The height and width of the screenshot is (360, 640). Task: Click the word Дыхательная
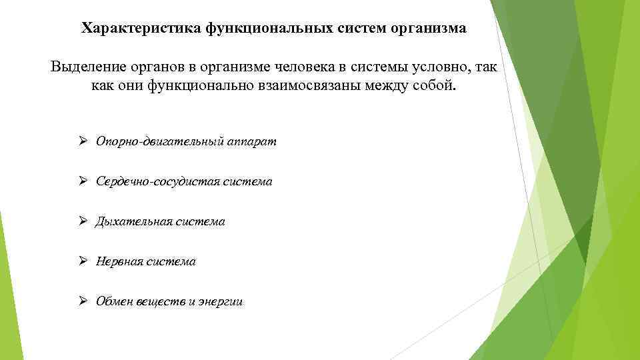click(134, 221)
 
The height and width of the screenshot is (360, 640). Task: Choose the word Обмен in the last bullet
click(115, 301)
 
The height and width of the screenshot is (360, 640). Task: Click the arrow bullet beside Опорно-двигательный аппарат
click(83, 141)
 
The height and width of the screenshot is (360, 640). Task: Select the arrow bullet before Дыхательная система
click(83, 221)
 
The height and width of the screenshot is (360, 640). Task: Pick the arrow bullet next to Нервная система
click(83, 261)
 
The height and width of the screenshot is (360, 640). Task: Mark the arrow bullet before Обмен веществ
click(83, 301)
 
